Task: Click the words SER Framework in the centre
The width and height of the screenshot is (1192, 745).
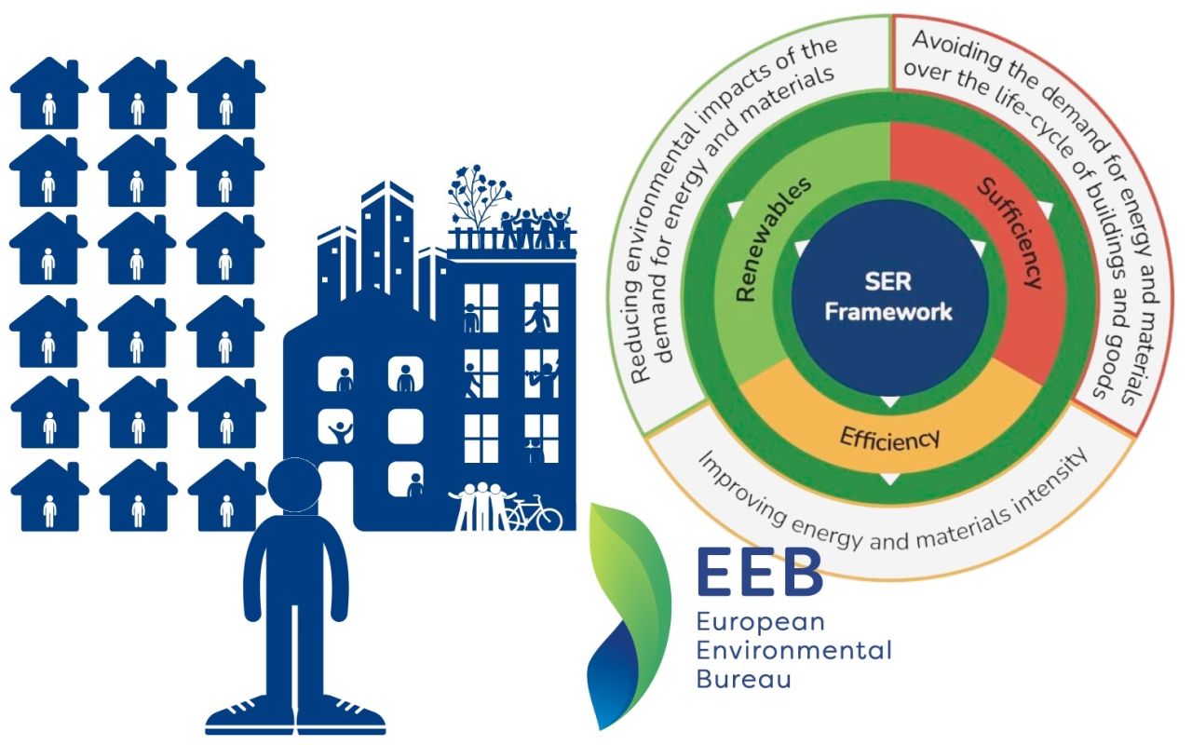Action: [x=889, y=296]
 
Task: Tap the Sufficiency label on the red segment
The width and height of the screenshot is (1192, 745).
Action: [x=1009, y=233]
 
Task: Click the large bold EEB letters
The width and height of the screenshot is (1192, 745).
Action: [x=759, y=573]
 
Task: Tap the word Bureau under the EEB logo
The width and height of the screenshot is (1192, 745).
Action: [x=743, y=677]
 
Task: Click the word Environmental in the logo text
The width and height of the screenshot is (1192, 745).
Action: [x=793, y=649]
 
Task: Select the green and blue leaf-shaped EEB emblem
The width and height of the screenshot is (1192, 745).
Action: [x=626, y=615]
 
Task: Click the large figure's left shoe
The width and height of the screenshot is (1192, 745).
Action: [x=244, y=715]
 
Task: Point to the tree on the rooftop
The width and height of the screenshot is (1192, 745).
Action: [x=478, y=196]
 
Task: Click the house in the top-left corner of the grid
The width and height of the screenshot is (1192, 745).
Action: [x=49, y=91]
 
